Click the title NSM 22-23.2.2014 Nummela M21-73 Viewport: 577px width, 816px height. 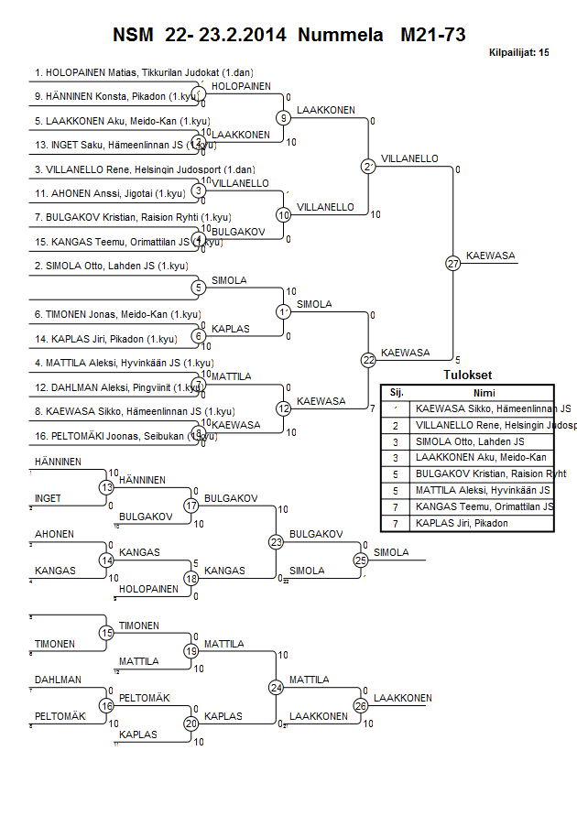coord(288,36)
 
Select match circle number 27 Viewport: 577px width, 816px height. coord(452,264)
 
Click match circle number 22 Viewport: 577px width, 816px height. coord(368,360)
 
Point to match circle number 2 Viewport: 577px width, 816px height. coord(368,166)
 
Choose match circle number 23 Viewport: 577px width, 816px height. coord(277,541)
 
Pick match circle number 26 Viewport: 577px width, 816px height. coord(361,706)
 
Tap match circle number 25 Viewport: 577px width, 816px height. coord(361,560)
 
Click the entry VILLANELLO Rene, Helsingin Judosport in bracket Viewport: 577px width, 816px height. coord(145,169)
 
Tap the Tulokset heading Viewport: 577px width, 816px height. coord(467,375)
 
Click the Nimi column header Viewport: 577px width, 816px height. coord(484,392)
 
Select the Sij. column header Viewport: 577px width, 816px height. coord(396,392)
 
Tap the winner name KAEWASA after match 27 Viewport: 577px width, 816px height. coord(485,255)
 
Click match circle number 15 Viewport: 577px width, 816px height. coord(106,633)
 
